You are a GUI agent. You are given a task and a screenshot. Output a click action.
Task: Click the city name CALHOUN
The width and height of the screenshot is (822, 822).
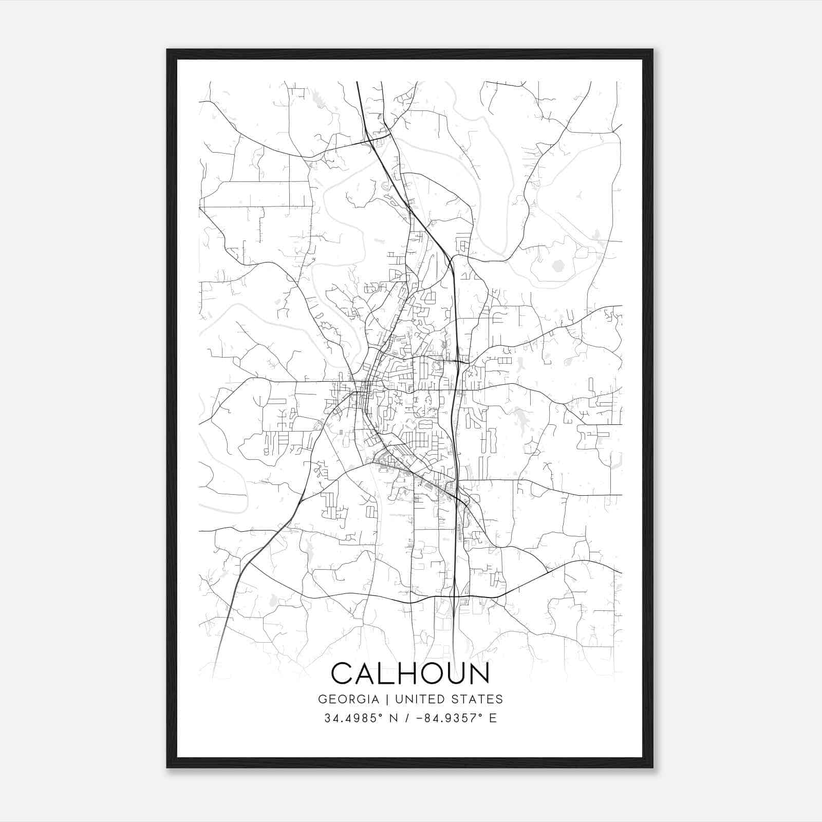click(410, 674)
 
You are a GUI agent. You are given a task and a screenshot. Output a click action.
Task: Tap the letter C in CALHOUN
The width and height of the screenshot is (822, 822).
click(343, 674)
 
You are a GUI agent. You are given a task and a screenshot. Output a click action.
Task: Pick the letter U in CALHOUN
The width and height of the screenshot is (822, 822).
click(455, 674)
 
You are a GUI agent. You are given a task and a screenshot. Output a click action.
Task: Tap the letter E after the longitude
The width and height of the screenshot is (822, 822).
click(493, 718)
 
